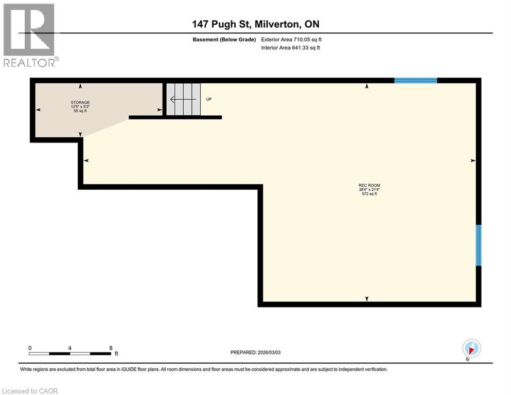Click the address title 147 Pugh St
tap(255, 24)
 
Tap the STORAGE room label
tap(80, 102)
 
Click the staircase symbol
tap(184, 99)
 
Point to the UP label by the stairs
tap(209, 99)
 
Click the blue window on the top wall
tap(415, 80)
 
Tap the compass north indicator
tap(471, 348)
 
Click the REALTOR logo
tap(30, 34)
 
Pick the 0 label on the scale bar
tap(30, 348)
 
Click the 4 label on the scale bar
tap(69, 348)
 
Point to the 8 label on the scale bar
tap(110, 348)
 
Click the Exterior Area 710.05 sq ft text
tap(292, 39)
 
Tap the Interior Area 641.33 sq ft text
tap(292, 48)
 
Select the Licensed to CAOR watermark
tap(30, 391)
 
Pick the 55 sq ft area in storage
tap(80, 111)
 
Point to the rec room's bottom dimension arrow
tap(367, 299)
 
